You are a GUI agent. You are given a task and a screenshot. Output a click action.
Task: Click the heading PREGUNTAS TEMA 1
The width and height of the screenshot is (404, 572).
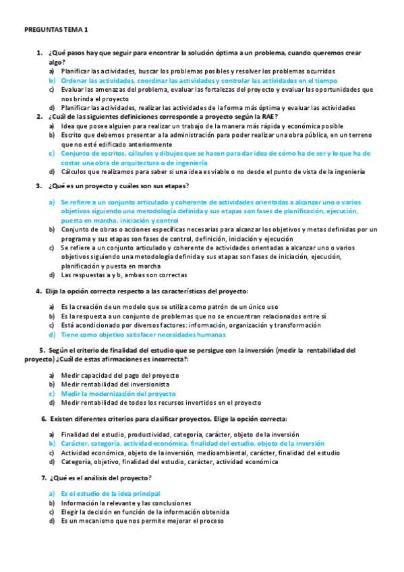(x=55, y=30)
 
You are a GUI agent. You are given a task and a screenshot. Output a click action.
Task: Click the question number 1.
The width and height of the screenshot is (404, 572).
(x=39, y=53)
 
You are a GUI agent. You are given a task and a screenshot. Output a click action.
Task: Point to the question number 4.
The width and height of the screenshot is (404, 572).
(x=38, y=291)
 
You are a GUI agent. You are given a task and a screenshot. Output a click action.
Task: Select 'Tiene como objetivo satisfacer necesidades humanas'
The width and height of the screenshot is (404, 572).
(x=143, y=335)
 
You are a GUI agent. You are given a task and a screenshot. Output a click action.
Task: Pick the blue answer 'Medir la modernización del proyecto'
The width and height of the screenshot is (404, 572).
(x=118, y=393)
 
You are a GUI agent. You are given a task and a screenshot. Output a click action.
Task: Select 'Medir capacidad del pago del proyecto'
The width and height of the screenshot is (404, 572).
(x=119, y=375)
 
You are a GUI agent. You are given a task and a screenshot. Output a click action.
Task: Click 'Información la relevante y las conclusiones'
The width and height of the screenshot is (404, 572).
(x=125, y=503)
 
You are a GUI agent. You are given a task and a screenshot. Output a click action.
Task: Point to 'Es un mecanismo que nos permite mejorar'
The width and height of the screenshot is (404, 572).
(x=142, y=521)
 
